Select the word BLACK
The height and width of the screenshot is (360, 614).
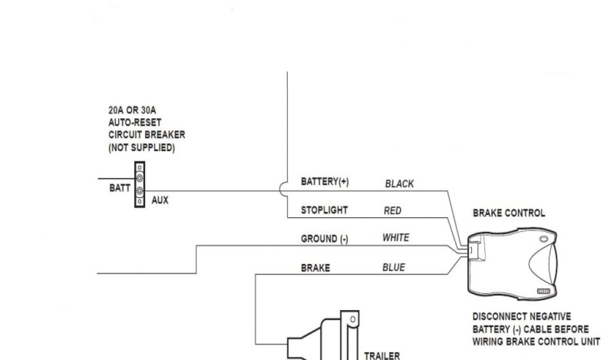[399, 184]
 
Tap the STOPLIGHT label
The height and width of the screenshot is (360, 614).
[324, 211]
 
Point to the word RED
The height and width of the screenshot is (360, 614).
[393, 211]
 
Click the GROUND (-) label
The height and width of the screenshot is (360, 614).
[324, 239]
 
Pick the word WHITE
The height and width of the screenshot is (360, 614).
[396, 238]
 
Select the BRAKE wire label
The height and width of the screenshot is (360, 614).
[315, 268]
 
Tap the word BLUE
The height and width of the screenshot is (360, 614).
[394, 268]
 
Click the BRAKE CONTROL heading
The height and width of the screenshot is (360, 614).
[509, 213]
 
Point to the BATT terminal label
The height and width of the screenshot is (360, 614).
[120, 188]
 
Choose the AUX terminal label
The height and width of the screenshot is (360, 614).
[160, 200]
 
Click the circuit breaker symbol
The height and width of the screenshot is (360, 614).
[140, 185]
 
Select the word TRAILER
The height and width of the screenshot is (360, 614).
[382, 355]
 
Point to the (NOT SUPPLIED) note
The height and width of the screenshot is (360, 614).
[142, 148]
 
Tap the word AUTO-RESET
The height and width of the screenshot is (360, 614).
[135, 122]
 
